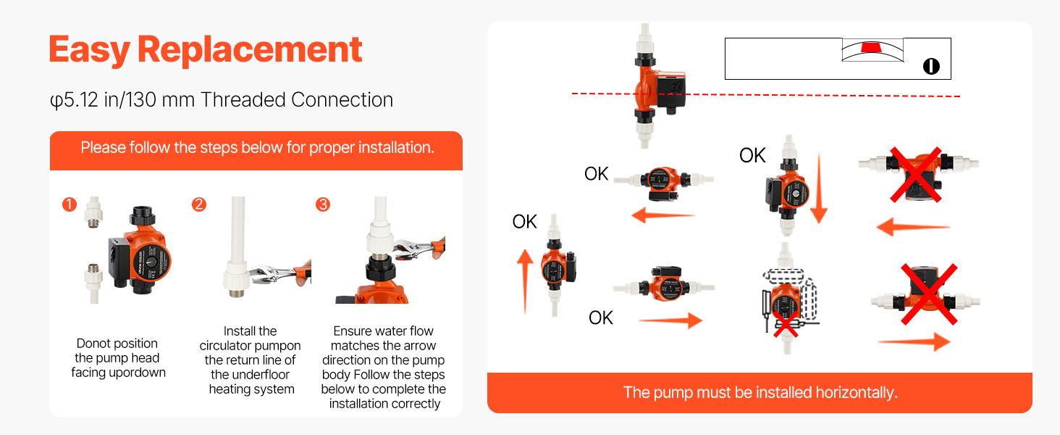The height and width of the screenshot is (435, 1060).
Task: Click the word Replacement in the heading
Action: (x=250, y=50)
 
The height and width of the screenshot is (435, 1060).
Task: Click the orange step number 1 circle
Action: (x=70, y=204)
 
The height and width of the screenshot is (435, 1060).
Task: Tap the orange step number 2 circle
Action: (x=198, y=204)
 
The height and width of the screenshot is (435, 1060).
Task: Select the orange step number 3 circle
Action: (x=323, y=204)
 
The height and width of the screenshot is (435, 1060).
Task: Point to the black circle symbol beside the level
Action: (x=931, y=67)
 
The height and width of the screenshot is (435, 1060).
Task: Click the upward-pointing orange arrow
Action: (x=525, y=281)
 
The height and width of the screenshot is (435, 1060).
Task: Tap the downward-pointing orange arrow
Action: (x=819, y=188)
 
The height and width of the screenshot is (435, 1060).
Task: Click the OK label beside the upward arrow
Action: (x=524, y=222)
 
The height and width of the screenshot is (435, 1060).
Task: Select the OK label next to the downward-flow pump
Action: (x=752, y=155)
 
